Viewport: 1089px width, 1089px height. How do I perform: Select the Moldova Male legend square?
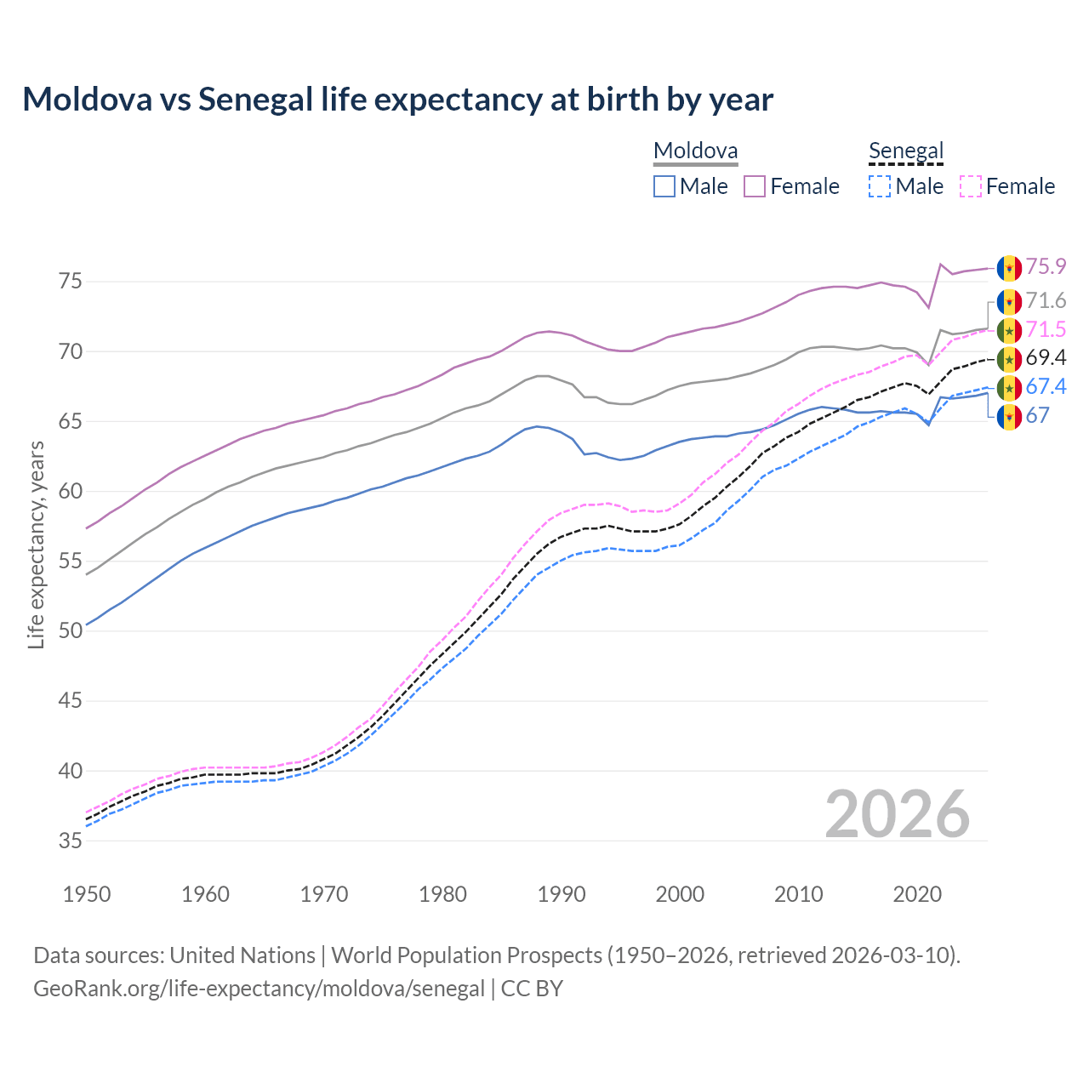664,186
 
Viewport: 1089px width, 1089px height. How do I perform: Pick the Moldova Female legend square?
755,186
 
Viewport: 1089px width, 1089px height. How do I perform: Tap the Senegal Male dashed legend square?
880,186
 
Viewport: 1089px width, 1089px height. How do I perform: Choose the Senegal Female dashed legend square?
971,186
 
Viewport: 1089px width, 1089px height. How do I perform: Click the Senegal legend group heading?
906,151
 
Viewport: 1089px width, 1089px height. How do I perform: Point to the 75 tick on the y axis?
70,281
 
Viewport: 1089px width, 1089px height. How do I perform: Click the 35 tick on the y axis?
70,841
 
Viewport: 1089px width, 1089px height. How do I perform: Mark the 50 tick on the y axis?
70,630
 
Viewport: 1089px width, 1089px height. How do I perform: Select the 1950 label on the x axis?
87,894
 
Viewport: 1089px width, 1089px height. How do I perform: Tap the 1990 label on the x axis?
562,894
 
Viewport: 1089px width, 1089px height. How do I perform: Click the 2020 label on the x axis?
917,894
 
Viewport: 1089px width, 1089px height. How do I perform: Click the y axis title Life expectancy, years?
36,544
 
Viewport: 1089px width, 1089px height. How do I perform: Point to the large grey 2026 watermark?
898,814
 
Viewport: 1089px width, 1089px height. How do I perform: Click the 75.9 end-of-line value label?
1046,267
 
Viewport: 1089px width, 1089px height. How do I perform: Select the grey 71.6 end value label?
1046,300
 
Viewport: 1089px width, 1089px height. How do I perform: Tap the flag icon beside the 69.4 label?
1009,359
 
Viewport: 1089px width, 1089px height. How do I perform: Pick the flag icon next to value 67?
1009,417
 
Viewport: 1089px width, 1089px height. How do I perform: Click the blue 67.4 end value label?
1046,386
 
